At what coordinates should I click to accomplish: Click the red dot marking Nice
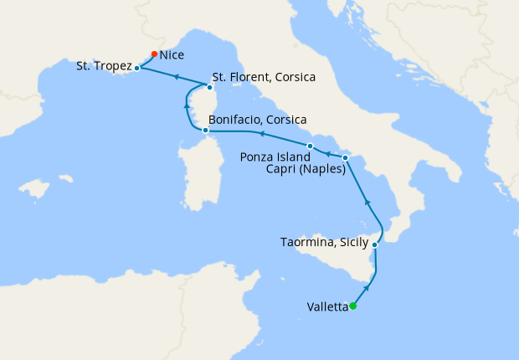154,54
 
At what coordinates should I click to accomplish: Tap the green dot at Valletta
352,306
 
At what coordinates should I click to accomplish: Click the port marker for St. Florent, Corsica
209,86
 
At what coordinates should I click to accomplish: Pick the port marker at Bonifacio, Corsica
205,130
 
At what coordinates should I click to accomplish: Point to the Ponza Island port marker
310,147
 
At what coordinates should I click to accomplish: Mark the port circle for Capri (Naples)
346,157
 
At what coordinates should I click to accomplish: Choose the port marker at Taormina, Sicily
374,245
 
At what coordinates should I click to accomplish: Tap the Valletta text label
322,306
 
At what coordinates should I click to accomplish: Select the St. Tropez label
104,65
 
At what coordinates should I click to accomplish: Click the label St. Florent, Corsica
264,78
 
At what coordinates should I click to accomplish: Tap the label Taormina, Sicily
325,244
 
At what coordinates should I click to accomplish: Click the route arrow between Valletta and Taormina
367,288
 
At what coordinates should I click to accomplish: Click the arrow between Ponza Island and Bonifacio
260,133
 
